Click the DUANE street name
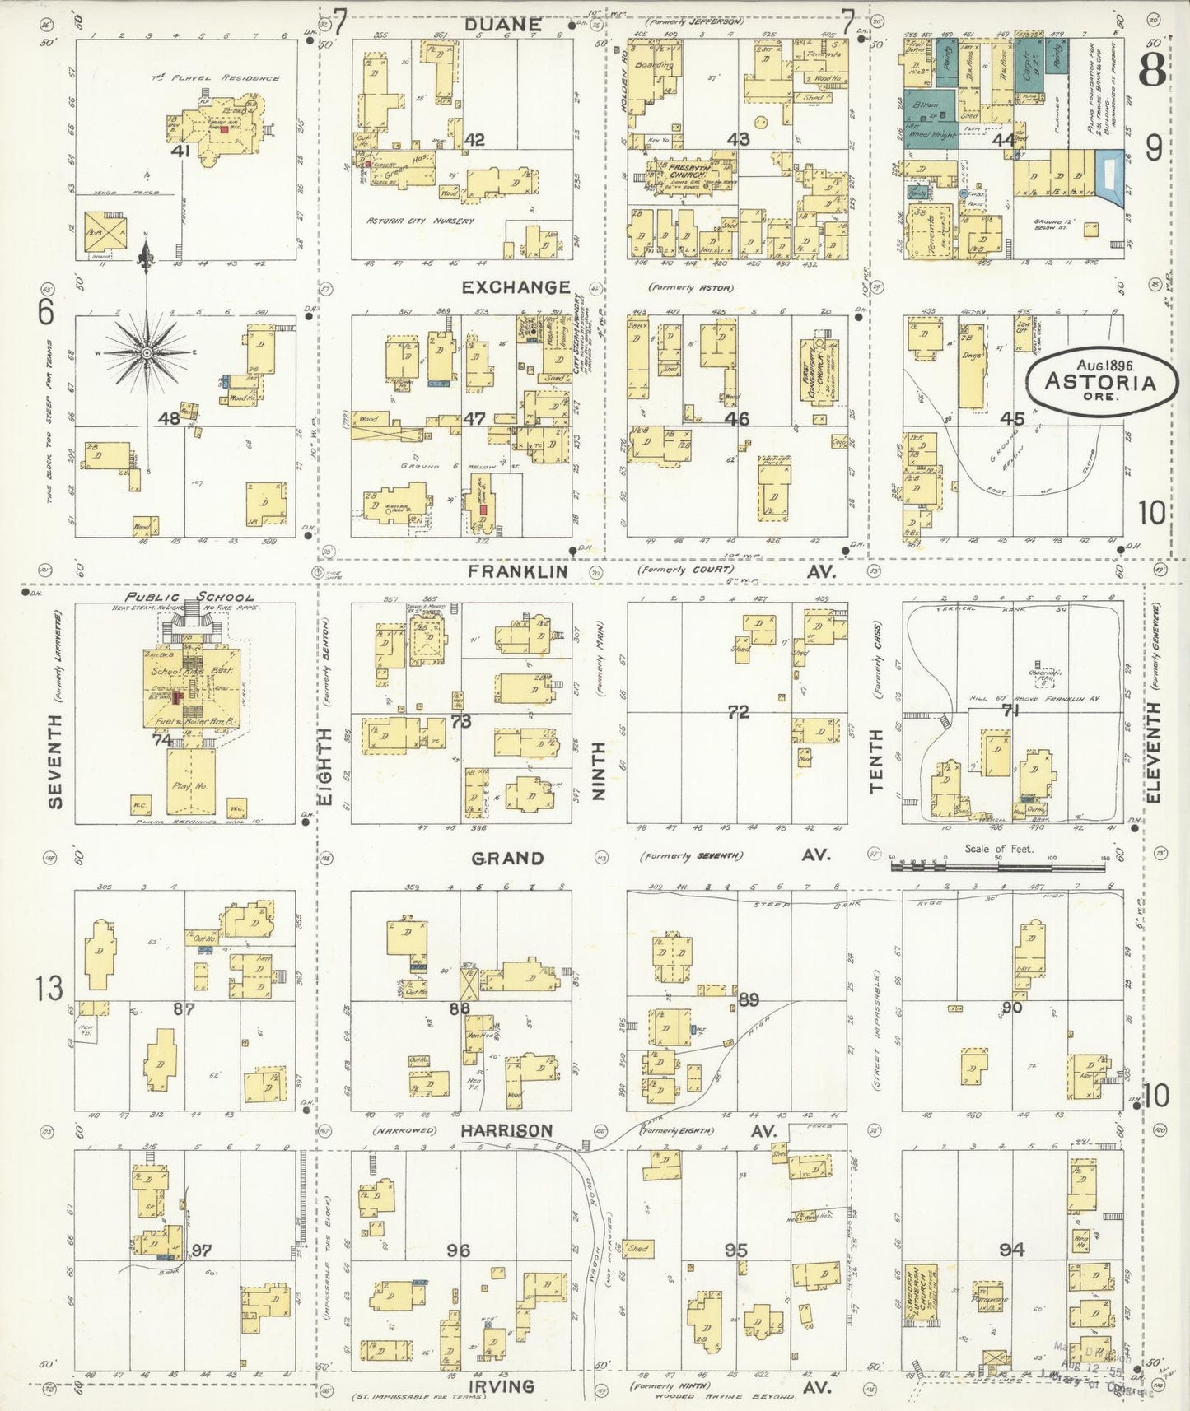pyautogui.click(x=502, y=25)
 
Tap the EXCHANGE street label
pyautogui.click(x=516, y=286)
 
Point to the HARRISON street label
pyautogui.click(x=507, y=1131)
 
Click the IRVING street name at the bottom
pyautogui.click(x=502, y=1386)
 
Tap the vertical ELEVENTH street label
pyautogui.click(x=1154, y=753)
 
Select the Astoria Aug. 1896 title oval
pyautogui.click(x=1099, y=380)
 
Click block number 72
pyautogui.click(x=737, y=711)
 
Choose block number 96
pyautogui.click(x=458, y=1250)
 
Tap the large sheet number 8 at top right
pyautogui.click(x=1152, y=69)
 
